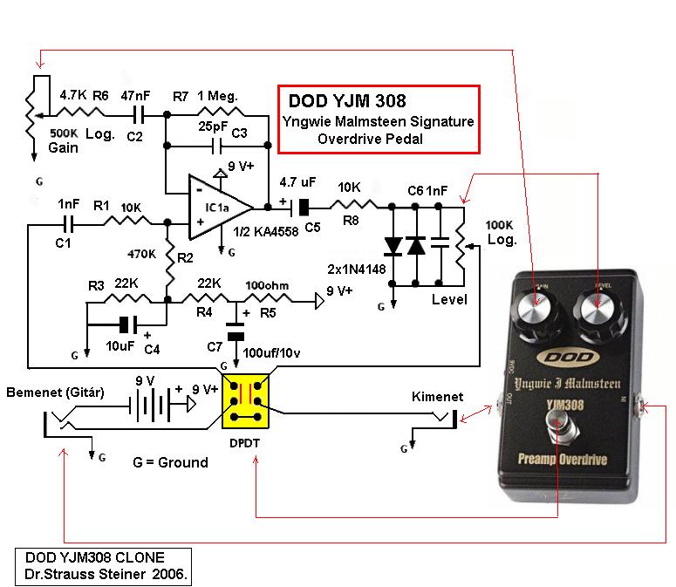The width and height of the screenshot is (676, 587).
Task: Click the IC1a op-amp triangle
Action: [x=220, y=208]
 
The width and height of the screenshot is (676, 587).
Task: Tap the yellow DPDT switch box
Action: [x=245, y=401]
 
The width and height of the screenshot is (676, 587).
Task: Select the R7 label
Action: [x=181, y=97]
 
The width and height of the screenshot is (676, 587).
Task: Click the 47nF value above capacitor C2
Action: [x=135, y=95]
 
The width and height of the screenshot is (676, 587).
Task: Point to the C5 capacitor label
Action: [x=312, y=228]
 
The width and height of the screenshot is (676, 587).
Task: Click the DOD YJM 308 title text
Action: [x=347, y=101]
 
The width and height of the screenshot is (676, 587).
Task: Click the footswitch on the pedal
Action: [x=559, y=424]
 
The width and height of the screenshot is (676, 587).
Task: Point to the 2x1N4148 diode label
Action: [x=357, y=270]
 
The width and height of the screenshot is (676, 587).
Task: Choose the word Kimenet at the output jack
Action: [x=437, y=397]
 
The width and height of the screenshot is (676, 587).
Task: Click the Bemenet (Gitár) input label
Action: [x=55, y=392]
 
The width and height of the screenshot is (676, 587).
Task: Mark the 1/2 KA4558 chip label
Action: [x=265, y=232]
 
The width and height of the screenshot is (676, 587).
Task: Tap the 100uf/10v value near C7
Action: [x=271, y=353]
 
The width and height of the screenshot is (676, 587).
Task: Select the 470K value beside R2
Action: [x=142, y=255]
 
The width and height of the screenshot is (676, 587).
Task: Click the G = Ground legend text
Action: [x=170, y=462]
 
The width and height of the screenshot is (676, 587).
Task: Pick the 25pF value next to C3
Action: [x=213, y=126]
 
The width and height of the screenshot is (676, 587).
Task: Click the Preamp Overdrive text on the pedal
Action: [x=563, y=460]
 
